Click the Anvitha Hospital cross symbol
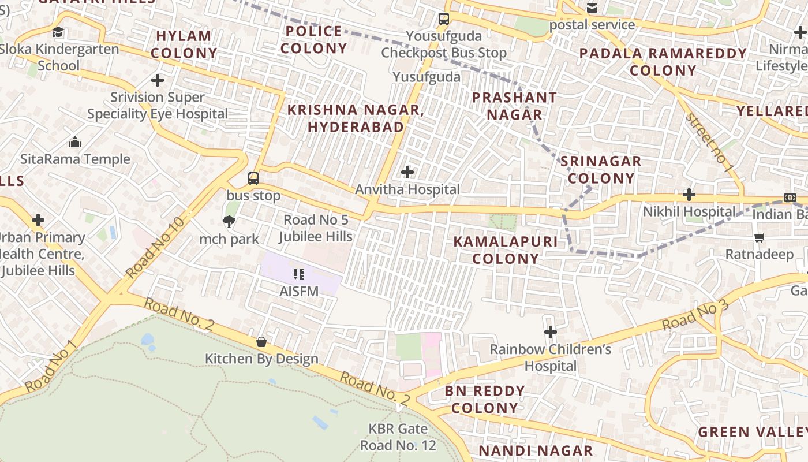click(x=407, y=172)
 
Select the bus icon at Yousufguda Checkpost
click(x=443, y=19)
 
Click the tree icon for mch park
click(x=229, y=222)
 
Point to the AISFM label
click(x=299, y=291)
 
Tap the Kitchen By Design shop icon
click(x=261, y=342)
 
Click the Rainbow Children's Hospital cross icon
click(x=550, y=332)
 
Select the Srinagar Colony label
click(x=601, y=170)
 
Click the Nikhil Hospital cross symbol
click(x=689, y=195)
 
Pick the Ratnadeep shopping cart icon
click(x=760, y=237)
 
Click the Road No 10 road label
click(x=155, y=248)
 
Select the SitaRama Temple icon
click(x=75, y=142)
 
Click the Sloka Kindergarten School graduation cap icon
click(x=58, y=32)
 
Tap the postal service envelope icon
click(x=592, y=8)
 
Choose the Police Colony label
click(x=314, y=39)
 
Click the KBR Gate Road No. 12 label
click(x=398, y=437)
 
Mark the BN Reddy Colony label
click(x=485, y=400)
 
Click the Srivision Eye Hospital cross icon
click(x=158, y=80)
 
